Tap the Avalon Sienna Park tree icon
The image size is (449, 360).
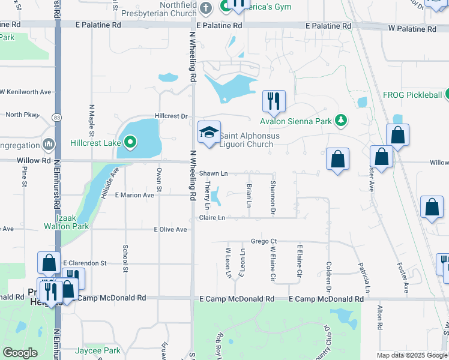[x=341, y=121]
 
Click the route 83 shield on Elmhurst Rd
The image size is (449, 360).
[x=57, y=116]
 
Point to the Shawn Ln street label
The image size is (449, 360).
[x=213, y=173]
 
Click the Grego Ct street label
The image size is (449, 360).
[x=264, y=241]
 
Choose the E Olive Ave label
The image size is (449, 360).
[x=171, y=229]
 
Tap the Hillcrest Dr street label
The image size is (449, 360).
[x=171, y=115]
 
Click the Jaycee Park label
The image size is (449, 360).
[x=98, y=350]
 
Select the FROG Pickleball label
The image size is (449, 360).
[x=412, y=95]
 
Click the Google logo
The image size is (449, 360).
[x=20, y=353]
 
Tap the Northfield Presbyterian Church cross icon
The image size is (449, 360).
[x=206, y=8]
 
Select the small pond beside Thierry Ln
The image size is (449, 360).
[x=217, y=196]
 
